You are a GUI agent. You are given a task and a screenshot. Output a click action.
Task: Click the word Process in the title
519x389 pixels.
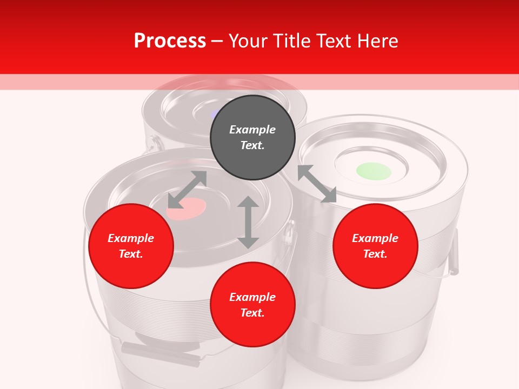tap(170, 41)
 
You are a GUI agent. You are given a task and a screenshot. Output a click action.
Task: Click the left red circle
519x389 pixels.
tap(131, 246)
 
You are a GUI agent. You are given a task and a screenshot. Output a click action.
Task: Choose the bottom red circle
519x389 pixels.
tap(252, 305)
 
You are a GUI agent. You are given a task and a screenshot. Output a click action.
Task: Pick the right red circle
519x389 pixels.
tap(375, 246)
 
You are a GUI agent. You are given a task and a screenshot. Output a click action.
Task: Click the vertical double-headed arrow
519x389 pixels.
tap(248, 222)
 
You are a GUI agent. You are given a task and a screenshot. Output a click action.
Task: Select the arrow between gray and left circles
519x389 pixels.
tap(187, 190)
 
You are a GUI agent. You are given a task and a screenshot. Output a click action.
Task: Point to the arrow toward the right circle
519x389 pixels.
tap(317, 184)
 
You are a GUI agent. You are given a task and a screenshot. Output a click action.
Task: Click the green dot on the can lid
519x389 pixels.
tap(374, 171)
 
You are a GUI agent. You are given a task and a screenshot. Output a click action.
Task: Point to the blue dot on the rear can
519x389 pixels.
tap(215, 113)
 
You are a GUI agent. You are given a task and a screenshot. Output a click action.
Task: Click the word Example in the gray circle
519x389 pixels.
tap(252, 130)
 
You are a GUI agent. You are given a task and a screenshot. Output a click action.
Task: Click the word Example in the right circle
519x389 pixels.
tap(375, 238)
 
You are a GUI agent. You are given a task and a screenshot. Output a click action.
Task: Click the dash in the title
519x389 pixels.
tap(217, 41)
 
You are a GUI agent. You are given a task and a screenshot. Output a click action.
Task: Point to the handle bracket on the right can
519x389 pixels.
tap(453, 251)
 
